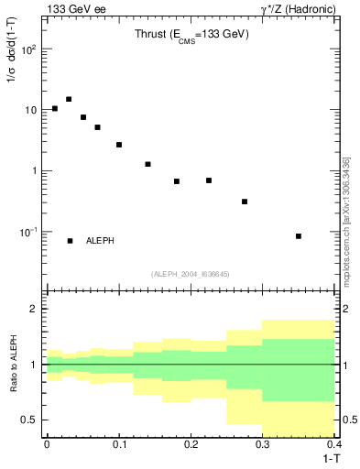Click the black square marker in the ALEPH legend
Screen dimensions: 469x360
point(70,241)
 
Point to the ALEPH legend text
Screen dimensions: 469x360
point(100,241)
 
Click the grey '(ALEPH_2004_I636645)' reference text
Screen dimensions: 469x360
point(191,274)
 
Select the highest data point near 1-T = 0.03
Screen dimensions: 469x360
point(69,99)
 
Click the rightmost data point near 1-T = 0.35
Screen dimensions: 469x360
point(299,236)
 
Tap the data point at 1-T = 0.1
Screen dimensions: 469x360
point(119,145)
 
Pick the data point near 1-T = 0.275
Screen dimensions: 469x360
point(245,202)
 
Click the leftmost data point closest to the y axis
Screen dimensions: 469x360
point(55,109)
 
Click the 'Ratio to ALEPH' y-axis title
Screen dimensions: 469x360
point(13,365)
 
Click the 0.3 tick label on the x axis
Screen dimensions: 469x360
point(263,445)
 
